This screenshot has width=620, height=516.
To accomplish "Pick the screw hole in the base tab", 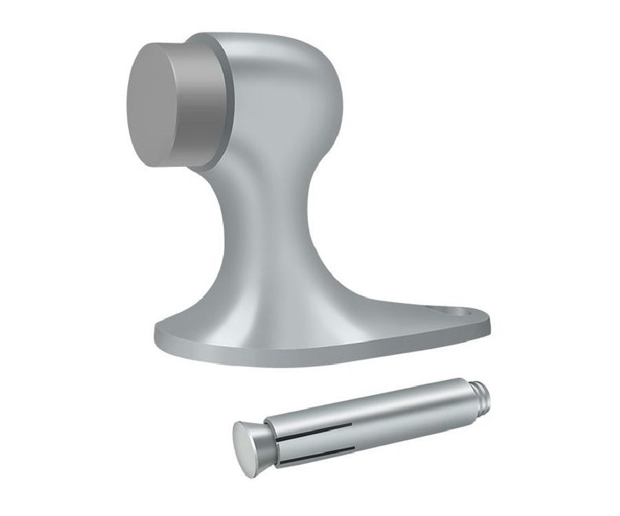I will click(x=454, y=314).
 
